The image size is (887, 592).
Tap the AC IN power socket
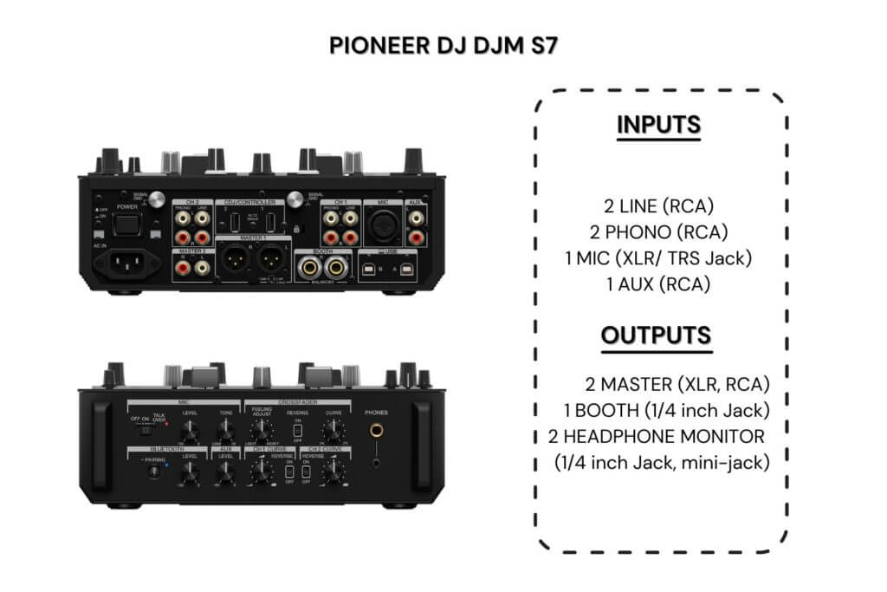(x=129, y=265)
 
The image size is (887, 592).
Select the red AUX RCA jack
(x=416, y=235)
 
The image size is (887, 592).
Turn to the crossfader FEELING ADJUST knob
(x=259, y=431)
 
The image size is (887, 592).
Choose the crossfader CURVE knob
(x=333, y=431)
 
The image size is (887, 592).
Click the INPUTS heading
(x=658, y=125)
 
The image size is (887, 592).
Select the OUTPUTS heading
(x=658, y=335)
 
